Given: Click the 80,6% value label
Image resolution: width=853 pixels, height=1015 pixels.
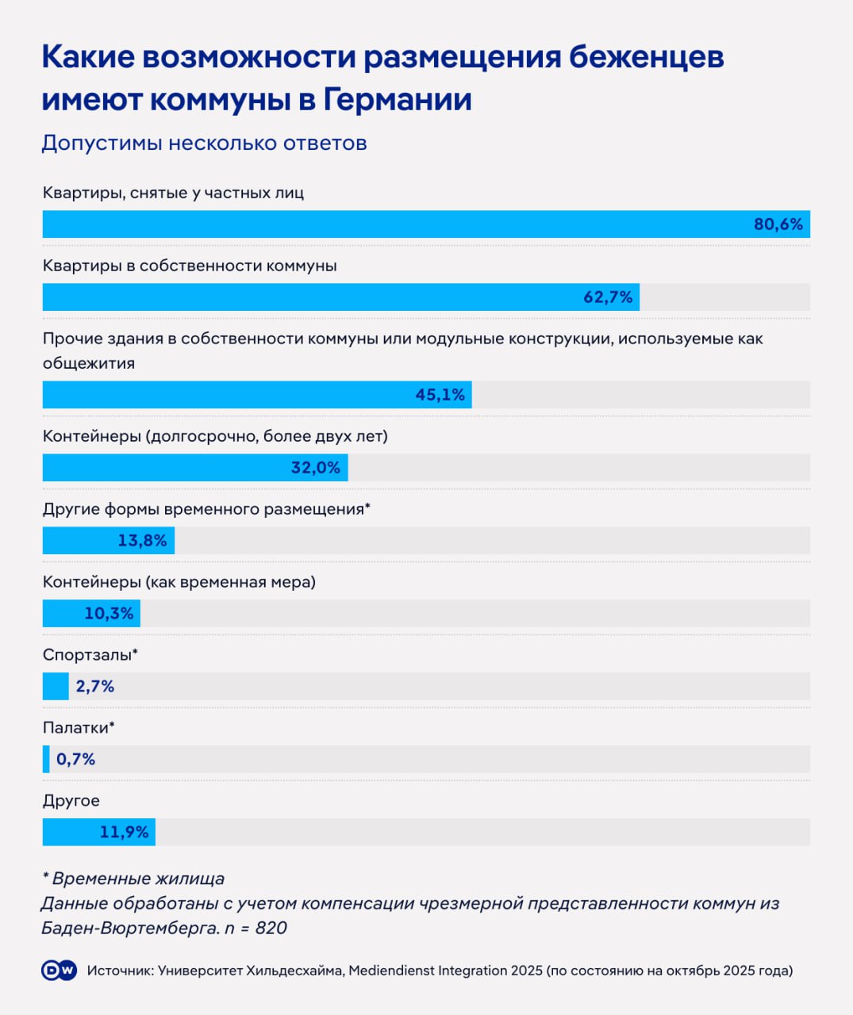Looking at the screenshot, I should click(x=778, y=224).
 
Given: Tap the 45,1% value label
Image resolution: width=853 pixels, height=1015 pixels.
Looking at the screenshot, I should click(x=440, y=395).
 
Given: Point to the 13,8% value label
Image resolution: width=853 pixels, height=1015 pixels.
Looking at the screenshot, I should click(x=142, y=541).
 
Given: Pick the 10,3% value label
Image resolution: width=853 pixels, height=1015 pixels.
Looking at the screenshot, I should click(x=109, y=614).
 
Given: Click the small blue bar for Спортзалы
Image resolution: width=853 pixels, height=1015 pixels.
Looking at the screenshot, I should click(x=56, y=687).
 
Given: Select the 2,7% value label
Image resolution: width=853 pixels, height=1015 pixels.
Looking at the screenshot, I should click(x=95, y=687).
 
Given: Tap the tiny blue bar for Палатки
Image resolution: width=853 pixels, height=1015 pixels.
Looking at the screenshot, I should click(x=46, y=760).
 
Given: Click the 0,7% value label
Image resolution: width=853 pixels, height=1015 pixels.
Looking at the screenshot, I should click(x=75, y=760).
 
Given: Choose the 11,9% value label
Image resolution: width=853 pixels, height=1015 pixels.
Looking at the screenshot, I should click(x=124, y=833).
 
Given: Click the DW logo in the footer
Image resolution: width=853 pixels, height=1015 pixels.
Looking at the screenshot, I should click(x=59, y=971).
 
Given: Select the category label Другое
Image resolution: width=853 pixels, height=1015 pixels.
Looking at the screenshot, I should click(x=71, y=801).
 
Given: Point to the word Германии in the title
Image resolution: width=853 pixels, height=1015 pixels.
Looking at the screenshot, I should click(x=398, y=100).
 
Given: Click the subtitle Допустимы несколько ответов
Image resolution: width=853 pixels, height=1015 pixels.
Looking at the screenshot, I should click(x=204, y=144).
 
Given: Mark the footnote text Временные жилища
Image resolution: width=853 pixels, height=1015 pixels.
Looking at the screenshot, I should click(x=138, y=879).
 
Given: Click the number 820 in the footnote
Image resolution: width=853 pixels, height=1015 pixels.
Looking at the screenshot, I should click(x=271, y=928).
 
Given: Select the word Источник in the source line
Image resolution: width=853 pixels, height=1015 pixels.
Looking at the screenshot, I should click(x=119, y=971).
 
